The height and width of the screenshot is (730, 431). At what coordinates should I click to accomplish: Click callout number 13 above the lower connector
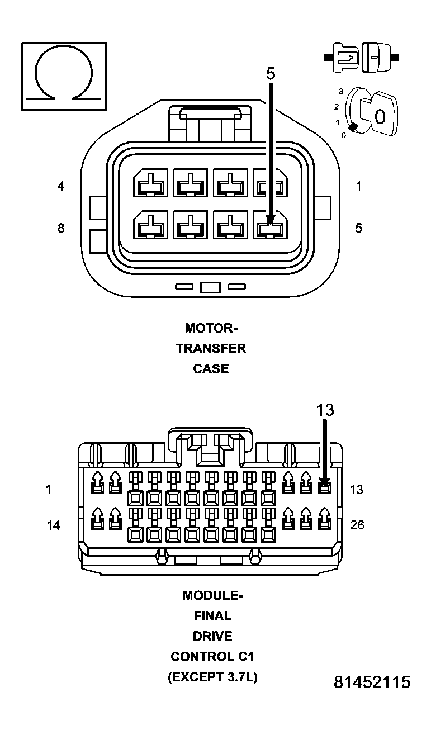(325, 410)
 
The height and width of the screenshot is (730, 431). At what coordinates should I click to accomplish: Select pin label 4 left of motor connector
(61, 186)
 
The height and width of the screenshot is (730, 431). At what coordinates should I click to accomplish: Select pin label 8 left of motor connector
(61, 228)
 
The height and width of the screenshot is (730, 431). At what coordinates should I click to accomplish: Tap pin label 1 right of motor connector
(358, 186)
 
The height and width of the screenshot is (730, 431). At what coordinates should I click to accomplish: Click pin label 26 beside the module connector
(357, 525)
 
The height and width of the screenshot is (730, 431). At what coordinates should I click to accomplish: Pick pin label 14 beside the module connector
(53, 525)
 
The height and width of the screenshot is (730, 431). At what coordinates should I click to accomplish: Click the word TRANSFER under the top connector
(211, 348)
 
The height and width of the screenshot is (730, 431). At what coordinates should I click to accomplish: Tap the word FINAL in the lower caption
(212, 616)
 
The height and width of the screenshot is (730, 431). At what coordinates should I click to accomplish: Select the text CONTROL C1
(212, 656)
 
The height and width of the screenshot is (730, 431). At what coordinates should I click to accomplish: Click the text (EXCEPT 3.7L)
(212, 677)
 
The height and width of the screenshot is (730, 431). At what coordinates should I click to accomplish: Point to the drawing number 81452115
(372, 682)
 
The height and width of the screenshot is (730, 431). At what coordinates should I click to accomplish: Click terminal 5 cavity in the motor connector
(270, 226)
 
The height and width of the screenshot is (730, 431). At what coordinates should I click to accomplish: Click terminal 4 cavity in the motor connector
(149, 184)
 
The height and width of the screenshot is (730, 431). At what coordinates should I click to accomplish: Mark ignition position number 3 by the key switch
(340, 91)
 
